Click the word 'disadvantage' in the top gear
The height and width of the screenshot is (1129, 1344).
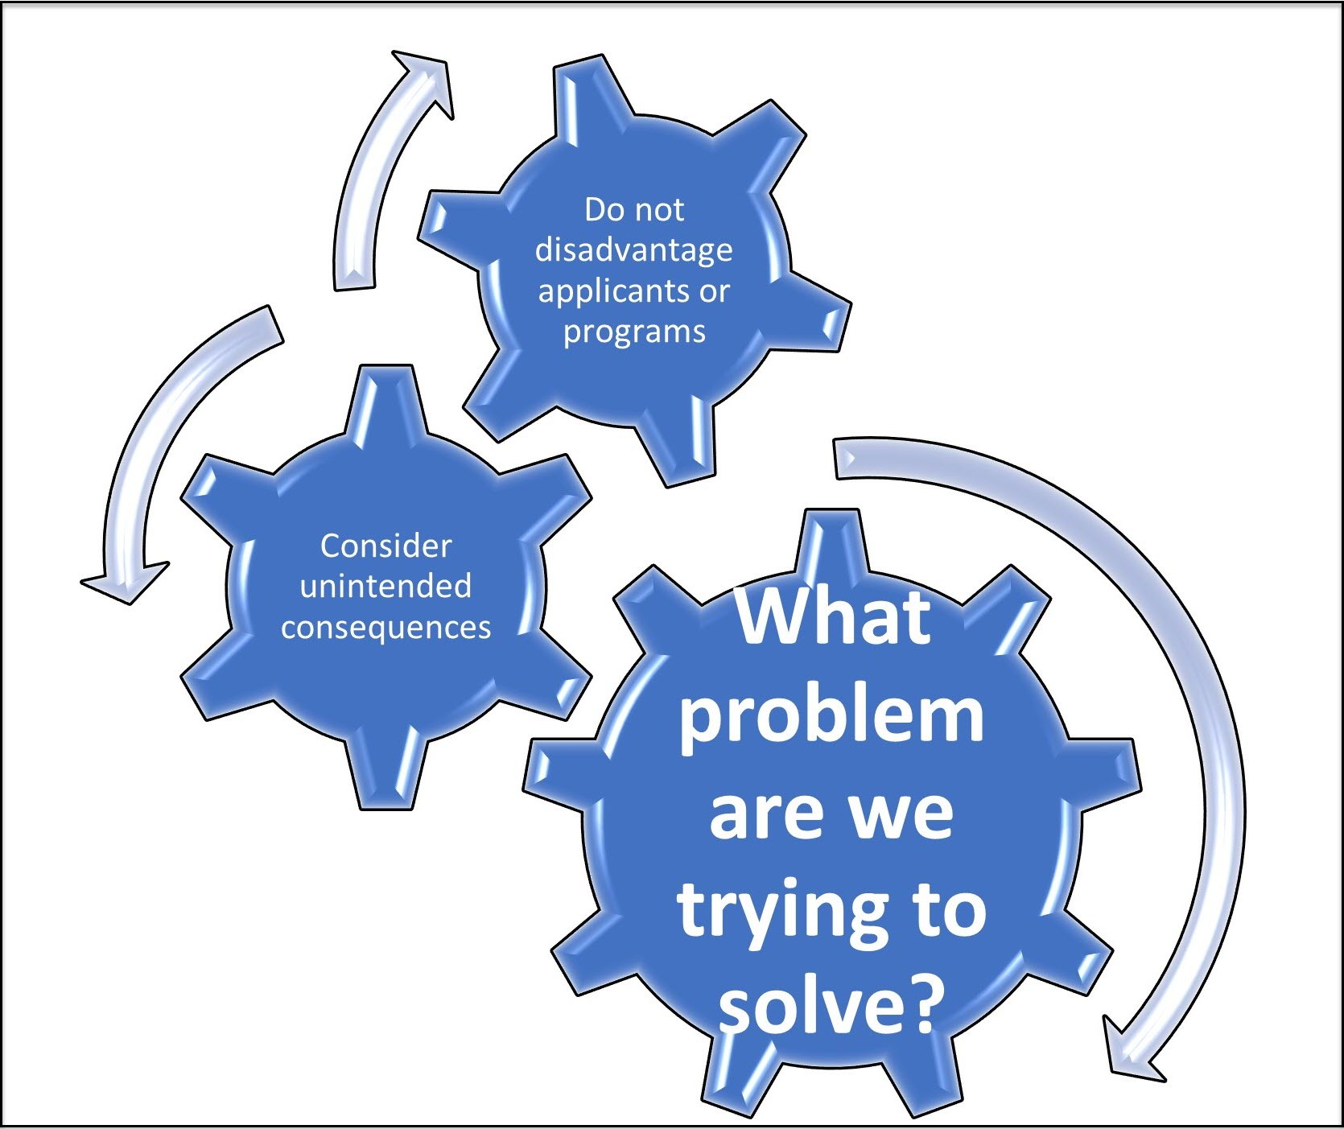pyautogui.click(x=633, y=250)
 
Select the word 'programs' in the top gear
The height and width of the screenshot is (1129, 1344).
pyautogui.click(x=634, y=331)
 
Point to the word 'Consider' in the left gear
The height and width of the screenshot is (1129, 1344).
pyautogui.click(x=385, y=546)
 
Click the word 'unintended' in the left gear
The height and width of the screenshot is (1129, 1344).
pyautogui.click(x=385, y=586)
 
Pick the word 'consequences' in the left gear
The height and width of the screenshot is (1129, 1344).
pyautogui.click(x=385, y=627)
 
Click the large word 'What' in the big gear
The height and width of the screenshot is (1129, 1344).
pyautogui.click(x=833, y=617)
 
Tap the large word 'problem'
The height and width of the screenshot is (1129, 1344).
pyautogui.click(x=831, y=715)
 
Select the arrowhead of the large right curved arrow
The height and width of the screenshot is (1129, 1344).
pyautogui.click(x=1131, y=1050)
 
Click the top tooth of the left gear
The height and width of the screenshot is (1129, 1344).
pyautogui.click(x=385, y=398)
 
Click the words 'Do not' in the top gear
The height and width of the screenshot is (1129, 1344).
pyautogui.click(x=633, y=210)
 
